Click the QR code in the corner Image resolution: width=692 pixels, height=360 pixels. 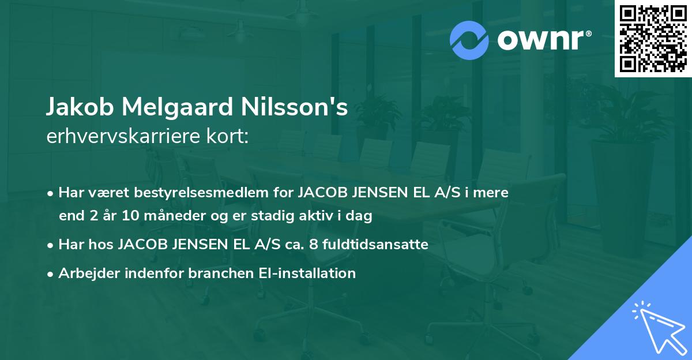pyautogui.click(x=653, y=38)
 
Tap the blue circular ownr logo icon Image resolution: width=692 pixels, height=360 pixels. pyautogui.click(x=469, y=40)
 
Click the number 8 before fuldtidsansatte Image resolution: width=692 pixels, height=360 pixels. pyautogui.click(x=313, y=245)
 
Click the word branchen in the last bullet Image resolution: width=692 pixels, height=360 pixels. pyautogui.click(x=219, y=273)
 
